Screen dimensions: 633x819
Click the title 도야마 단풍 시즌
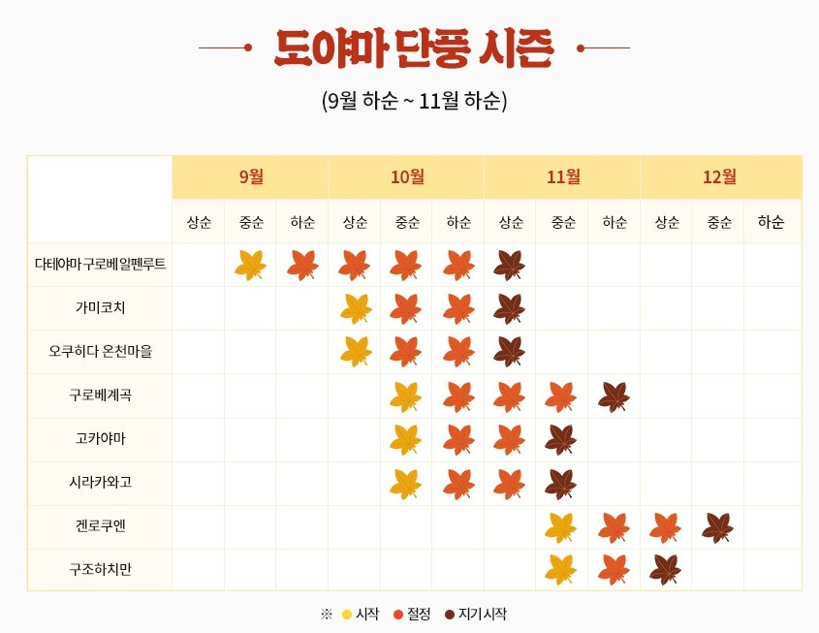tap(414, 47)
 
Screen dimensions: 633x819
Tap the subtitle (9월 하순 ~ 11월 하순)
tap(414, 100)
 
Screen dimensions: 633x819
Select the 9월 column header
tap(250, 176)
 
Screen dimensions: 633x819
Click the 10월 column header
tap(407, 176)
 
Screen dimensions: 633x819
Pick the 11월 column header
tap(563, 176)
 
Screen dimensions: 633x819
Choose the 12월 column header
tap(719, 176)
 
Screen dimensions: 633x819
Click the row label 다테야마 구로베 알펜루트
tap(100, 265)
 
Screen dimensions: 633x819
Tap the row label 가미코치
tap(100, 308)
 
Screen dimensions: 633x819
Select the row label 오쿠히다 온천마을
tap(100, 352)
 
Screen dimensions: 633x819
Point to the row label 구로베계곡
tap(100, 396)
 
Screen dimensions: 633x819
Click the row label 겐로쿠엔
tap(100, 527)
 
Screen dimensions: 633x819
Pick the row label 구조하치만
tap(100, 571)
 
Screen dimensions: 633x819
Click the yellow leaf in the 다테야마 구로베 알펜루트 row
tap(250, 265)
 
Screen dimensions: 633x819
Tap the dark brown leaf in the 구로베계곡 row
tap(614, 396)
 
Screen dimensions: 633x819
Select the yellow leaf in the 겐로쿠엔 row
tap(561, 527)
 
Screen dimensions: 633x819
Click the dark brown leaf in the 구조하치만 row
tap(666, 570)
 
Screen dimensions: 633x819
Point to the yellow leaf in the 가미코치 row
tap(356, 308)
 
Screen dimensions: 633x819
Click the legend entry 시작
tap(361, 615)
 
